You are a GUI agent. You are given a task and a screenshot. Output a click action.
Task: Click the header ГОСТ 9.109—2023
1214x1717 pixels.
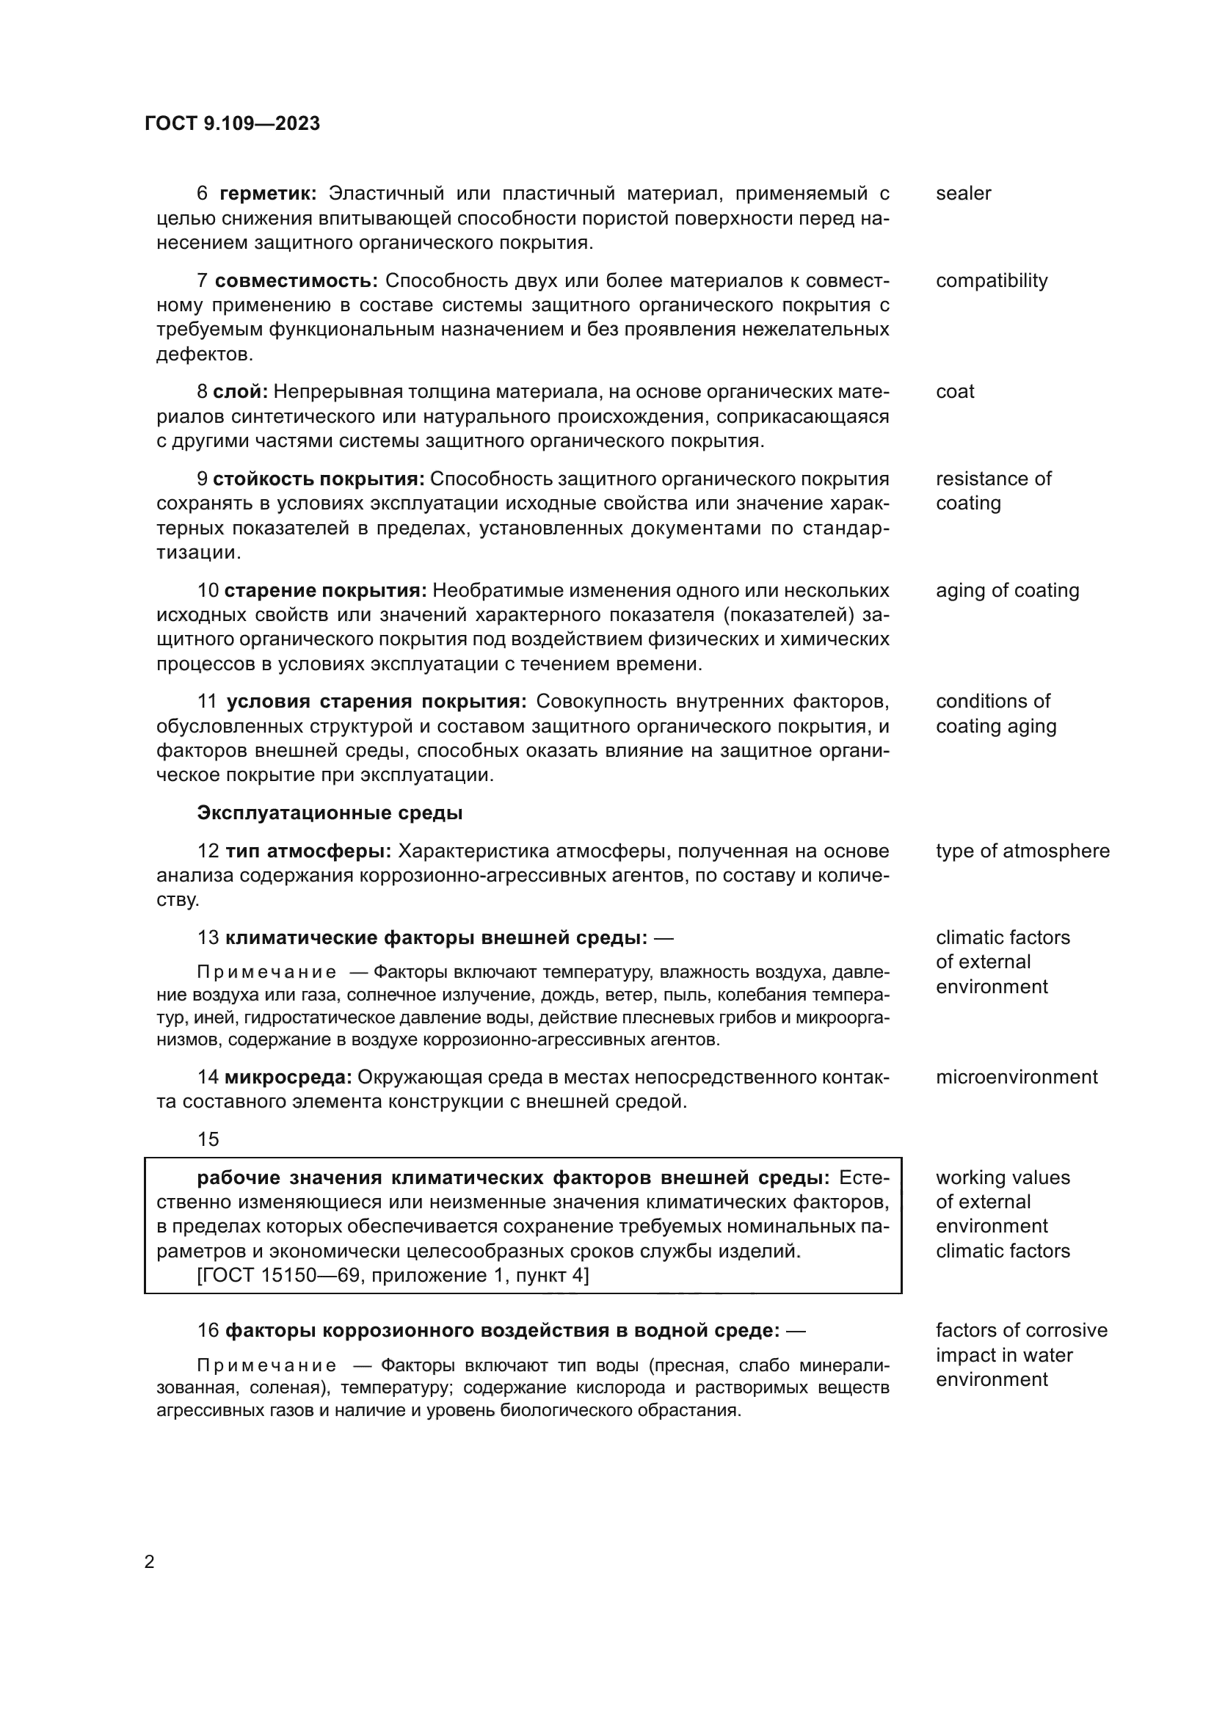tap(233, 123)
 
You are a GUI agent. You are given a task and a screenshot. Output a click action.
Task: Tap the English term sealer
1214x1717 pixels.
tap(963, 194)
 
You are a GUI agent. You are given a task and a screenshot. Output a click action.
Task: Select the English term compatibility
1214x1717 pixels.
tap(991, 281)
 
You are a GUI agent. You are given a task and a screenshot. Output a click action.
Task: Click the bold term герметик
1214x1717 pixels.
tap(268, 194)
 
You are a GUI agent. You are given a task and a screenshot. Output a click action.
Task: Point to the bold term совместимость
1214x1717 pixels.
tap(296, 281)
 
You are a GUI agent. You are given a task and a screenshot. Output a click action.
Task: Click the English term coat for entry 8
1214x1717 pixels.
tap(955, 392)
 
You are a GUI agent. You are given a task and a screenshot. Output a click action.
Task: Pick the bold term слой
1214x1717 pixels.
tap(240, 392)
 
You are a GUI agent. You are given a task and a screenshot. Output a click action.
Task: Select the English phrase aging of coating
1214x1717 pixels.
tap(1007, 591)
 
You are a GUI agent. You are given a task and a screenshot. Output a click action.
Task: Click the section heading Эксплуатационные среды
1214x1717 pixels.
tap(330, 813)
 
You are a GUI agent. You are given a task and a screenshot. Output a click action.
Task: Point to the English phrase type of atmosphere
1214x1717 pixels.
tap(1022, 851)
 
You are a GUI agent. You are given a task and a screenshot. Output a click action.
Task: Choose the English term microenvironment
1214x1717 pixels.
tap(1016, 1078)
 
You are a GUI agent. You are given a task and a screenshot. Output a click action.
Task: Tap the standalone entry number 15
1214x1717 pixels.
tap(208, 1140)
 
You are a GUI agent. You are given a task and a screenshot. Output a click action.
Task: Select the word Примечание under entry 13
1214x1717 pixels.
tap(266, 973)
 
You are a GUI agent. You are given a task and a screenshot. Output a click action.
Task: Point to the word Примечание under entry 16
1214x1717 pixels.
tap(266, 1366)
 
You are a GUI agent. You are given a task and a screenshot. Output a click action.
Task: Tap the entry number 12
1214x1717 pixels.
tap(208, 851)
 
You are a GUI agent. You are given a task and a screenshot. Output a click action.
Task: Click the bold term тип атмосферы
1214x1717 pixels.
tap(308, 851)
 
